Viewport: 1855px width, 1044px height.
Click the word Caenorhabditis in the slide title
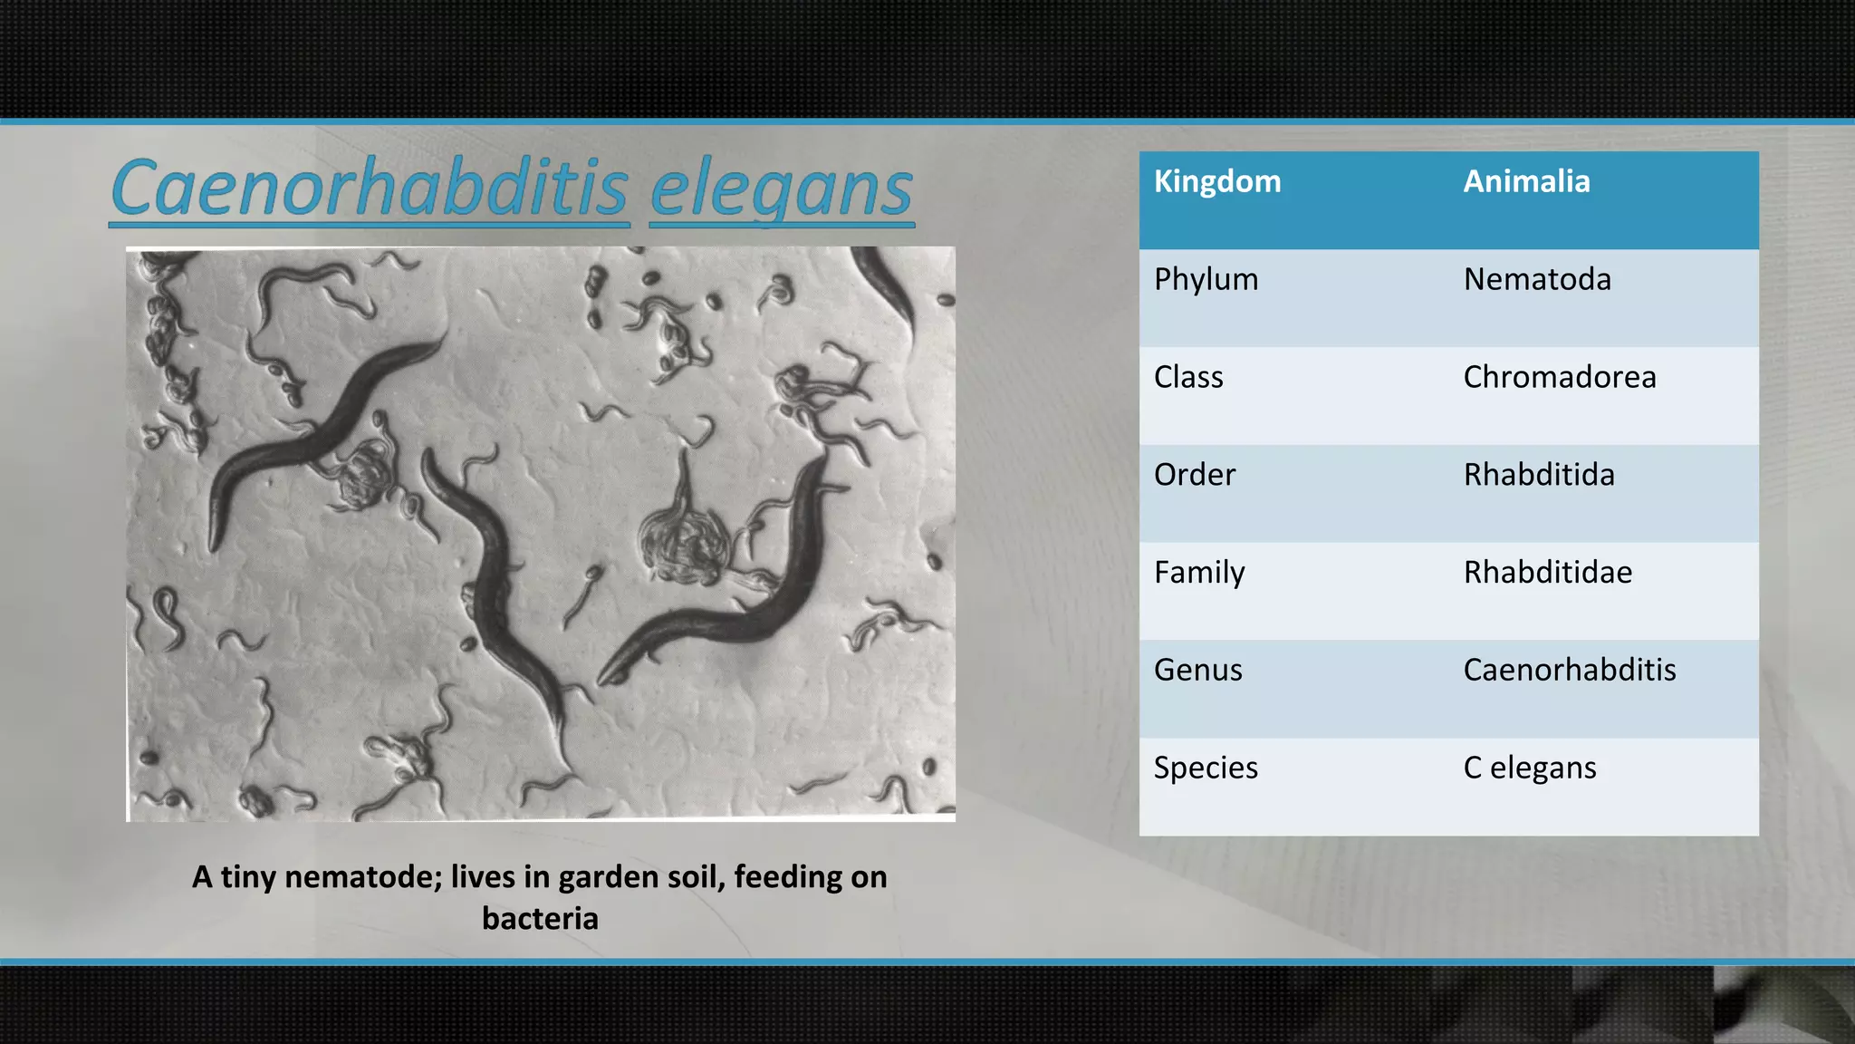370,188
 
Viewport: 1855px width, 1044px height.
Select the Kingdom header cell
1217,181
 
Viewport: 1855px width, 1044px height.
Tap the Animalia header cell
1526,181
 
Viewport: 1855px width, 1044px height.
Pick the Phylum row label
1206,279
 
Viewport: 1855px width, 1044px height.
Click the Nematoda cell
1537,279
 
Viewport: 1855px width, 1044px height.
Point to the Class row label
1188,377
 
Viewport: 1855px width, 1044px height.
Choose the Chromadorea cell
1560,377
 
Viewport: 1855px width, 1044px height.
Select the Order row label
1194,475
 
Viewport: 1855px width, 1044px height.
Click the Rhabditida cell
1539,475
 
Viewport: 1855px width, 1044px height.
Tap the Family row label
1199,573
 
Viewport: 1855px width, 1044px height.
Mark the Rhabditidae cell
1548,573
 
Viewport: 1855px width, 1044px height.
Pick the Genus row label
1197,671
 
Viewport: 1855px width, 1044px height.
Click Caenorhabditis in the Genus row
1570,671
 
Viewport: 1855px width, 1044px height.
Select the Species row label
1206,768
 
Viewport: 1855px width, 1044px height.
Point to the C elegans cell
1530,768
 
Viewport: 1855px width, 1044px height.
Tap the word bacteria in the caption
540,919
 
